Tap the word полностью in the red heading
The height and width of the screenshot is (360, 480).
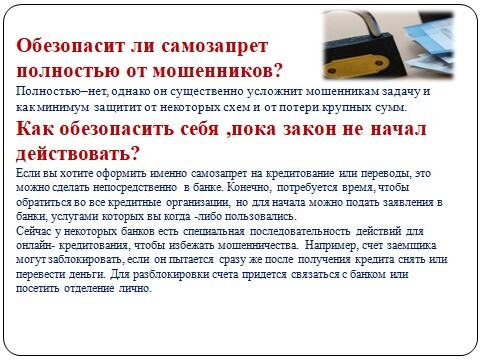[68, 71]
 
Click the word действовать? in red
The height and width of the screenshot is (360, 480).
[77, 153]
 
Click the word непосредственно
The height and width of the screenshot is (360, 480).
[135, 188]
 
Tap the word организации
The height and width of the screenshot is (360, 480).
[198, 202]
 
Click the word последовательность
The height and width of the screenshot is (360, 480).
[300, 231]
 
